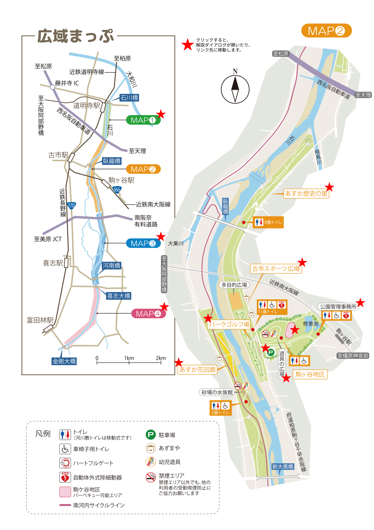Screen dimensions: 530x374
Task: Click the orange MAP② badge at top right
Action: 326,31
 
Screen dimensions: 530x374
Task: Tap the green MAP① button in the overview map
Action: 143,120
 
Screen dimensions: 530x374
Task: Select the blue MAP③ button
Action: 143,243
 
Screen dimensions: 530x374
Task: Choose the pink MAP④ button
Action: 148,314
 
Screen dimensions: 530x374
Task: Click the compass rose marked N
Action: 235,89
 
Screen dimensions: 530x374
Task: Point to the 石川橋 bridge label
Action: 129,98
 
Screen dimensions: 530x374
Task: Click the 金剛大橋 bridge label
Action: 64,361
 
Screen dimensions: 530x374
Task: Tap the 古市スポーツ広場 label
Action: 276,269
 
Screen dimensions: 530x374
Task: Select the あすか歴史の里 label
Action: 306,194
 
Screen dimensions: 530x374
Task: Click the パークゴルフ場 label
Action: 229,324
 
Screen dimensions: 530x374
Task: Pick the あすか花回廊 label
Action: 198,369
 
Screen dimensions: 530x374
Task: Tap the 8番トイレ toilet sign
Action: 268,222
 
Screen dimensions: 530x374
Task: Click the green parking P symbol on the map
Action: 271,353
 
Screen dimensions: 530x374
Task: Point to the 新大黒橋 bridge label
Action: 283,466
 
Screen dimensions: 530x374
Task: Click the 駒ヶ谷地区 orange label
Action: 310,374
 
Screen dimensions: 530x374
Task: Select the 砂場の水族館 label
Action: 217,392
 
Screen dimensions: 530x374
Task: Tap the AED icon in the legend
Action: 65,477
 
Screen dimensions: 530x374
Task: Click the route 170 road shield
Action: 71,205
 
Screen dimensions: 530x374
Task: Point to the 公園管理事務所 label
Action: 338,307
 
